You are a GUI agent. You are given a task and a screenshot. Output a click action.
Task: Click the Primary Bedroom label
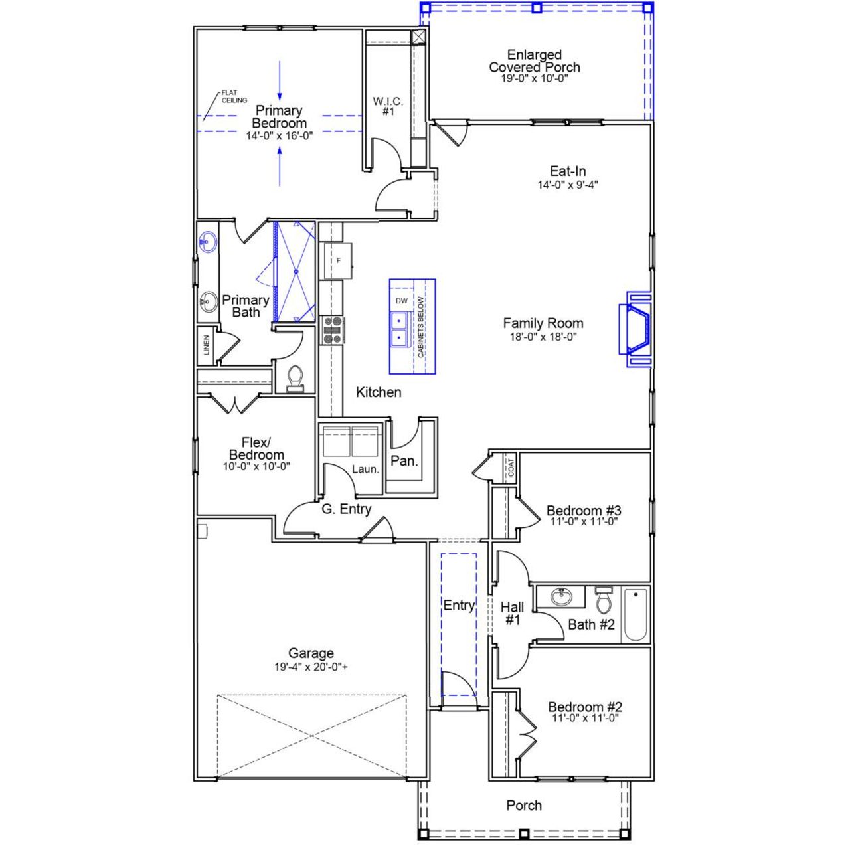[x=279, y=117]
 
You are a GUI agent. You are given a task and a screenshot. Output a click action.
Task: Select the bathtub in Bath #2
[x=636, y=615]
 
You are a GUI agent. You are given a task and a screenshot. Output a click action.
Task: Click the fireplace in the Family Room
[x=636, y=329]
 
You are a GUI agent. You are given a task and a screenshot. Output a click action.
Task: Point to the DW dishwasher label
[x=401, y=301]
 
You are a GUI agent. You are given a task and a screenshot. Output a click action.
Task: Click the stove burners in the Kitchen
[x=332, y=330]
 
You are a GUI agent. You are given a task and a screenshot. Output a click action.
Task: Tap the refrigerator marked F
[x=338, y=261]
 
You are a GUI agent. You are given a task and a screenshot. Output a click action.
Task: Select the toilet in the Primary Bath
[x=295, y=377]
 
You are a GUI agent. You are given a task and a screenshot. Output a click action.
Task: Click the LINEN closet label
[x=207, y=345]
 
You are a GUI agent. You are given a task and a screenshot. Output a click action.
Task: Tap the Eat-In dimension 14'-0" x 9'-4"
[x=568, y=185]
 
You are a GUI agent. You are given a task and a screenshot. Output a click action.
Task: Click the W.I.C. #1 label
[x=388, y=106]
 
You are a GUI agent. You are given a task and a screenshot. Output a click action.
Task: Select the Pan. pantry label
[x=404, y=460]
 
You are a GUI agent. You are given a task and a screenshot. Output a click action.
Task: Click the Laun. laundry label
[x=365, y=469]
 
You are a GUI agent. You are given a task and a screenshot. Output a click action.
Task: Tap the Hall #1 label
[x=512, y=613]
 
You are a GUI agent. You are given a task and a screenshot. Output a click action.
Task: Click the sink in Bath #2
[x=562, y=596]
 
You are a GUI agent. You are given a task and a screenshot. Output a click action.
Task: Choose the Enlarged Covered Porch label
[x=535, y=61]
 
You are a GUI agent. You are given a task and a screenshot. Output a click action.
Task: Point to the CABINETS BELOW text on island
[x=421, y=327]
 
